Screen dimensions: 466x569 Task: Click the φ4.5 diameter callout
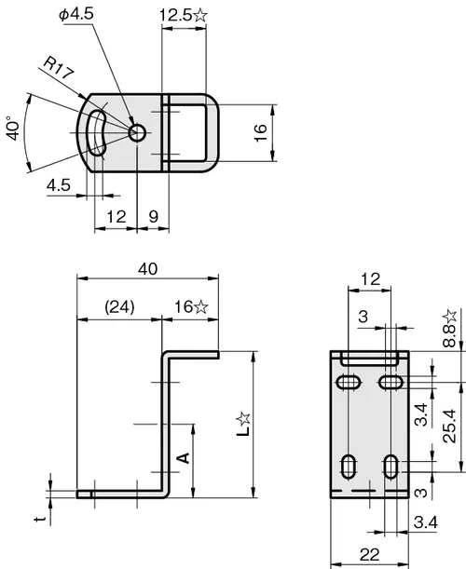pyautogui.click(x=76, y=14)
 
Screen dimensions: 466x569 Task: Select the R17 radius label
pyautogui.click(x=59, y=68)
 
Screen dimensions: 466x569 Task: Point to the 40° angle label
pyautogui.click(x=13, y=129)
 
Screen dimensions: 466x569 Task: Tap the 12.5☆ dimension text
pyautogui.click(x=184, y=15)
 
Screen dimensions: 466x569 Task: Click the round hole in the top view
pyautogui.click(x=137, y=133)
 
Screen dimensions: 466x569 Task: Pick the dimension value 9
pyautogui.click(x=154, y=217)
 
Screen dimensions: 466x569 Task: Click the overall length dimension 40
pyautogui.click(x=148, y=269)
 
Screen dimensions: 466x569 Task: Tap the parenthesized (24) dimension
pyautogui.click(x=119, y=307)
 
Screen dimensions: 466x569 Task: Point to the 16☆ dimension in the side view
pyautogui.click(x=191, y=307)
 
